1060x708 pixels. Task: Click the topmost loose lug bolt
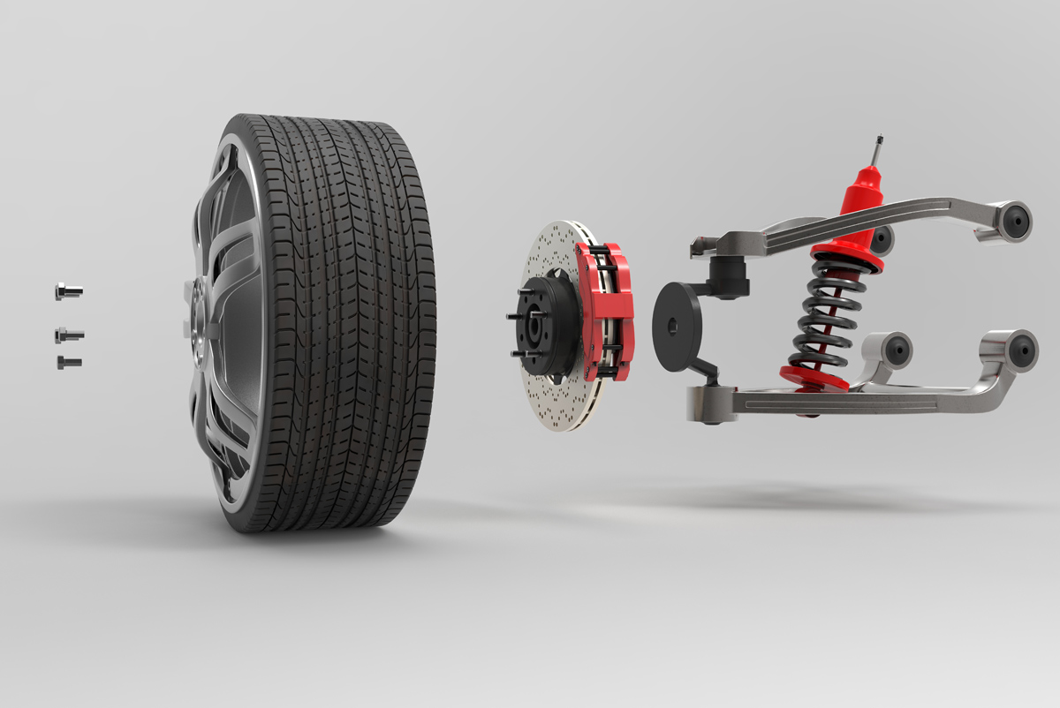click(68, 290)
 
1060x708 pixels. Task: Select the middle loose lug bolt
click(68, 335)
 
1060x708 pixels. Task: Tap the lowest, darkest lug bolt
click(68, 362)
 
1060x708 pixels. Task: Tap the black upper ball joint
click(729, 275)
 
